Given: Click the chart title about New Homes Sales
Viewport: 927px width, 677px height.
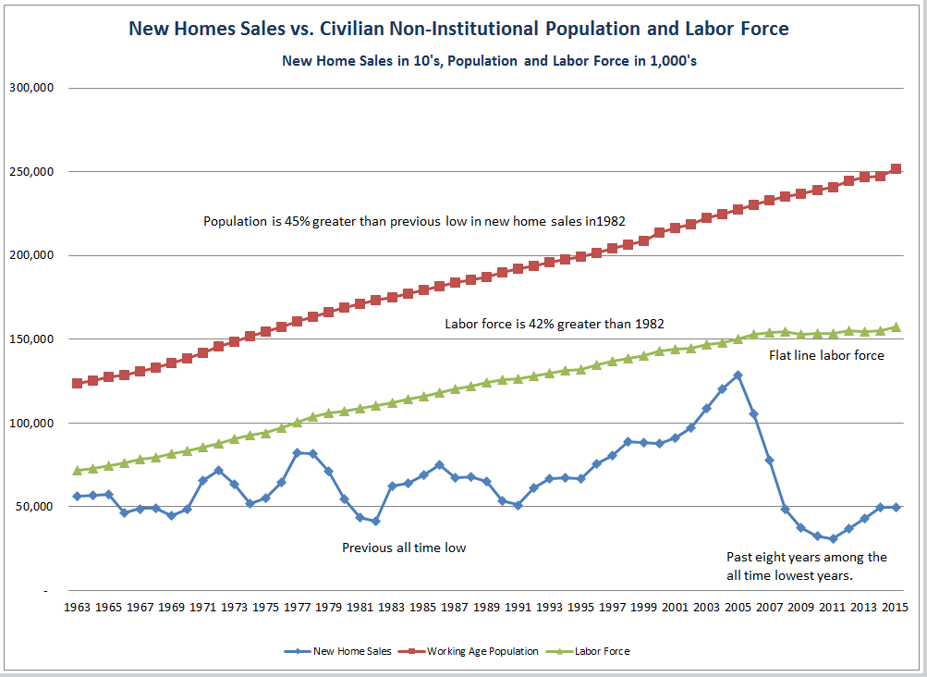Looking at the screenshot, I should [458, 29].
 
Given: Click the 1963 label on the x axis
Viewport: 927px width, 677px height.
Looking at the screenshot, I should [77, 608].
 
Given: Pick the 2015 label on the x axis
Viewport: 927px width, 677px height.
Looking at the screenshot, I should [895, 608].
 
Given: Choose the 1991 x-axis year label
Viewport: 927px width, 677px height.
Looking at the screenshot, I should [517, 608].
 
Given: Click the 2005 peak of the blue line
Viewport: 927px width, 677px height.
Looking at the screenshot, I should [738, 375].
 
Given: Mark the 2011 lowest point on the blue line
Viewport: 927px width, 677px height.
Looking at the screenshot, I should [833, 538].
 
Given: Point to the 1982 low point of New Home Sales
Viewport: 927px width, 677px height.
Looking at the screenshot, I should [375, 522].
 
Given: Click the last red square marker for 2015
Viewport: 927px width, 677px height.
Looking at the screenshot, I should [896, 169].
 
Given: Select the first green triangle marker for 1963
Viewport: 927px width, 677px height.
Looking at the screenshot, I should [77, 470].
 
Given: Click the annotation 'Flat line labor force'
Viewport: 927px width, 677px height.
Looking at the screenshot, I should [826, 356].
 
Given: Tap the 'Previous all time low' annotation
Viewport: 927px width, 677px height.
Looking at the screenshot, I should [404, 548].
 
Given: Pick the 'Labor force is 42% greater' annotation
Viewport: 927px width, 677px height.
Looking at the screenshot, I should [555, 324].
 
